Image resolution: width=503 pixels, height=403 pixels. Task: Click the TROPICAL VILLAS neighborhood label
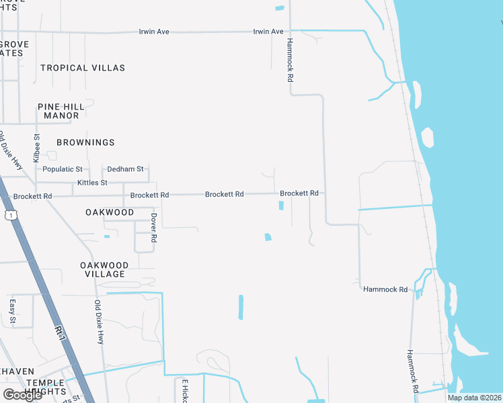[x=83, y=68]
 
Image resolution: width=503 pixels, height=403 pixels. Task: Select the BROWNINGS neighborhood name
[x=85, y=142]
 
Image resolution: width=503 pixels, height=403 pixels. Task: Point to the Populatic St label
[x=62, y=169]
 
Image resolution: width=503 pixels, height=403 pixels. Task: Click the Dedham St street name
[x=126, y=169]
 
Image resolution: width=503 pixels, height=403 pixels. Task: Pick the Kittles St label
[x=92, y=183]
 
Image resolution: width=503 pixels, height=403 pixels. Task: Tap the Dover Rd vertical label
[x=153, y=228]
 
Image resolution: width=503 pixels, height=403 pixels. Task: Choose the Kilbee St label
[x=37, y=144]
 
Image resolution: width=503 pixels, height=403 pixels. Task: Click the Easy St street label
[x=13, y=311]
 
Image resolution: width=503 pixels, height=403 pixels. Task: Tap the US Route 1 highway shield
[x=10, y=215]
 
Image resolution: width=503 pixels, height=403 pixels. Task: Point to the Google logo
[x=22, y=394]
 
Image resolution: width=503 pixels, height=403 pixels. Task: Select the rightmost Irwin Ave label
[x=268, y=32]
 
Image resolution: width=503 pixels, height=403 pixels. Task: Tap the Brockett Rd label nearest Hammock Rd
[x=299, y=193]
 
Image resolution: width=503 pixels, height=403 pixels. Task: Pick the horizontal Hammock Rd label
[x=385, y=289]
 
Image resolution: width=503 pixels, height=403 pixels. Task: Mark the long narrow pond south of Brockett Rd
[x=240, y=307]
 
